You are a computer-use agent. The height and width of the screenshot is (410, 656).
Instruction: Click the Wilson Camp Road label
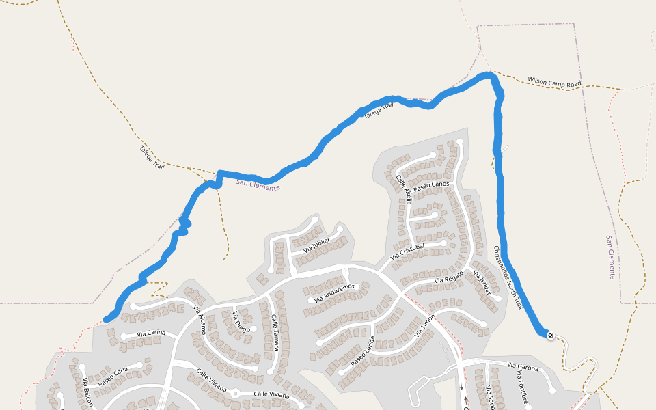coord(554,82)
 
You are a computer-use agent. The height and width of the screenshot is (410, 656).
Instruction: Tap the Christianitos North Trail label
coord(508,277)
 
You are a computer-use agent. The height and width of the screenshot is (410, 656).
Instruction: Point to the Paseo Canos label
coord(431,185)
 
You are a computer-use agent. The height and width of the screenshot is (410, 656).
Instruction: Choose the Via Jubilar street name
coord(317,245)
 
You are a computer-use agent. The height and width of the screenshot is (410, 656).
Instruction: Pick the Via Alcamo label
coord(199,318)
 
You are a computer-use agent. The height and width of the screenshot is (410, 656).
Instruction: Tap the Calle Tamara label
coord(274,333)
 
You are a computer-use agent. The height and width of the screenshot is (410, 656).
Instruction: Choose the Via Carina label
coord(151,333)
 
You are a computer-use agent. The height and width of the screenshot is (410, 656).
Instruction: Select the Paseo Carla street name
coord(113,377)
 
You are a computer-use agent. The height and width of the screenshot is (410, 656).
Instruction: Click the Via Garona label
coord(522,367)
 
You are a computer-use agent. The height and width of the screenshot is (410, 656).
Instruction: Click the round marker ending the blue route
coord(550,336)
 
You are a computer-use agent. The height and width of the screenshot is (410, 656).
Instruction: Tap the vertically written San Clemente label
coord(611,258)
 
